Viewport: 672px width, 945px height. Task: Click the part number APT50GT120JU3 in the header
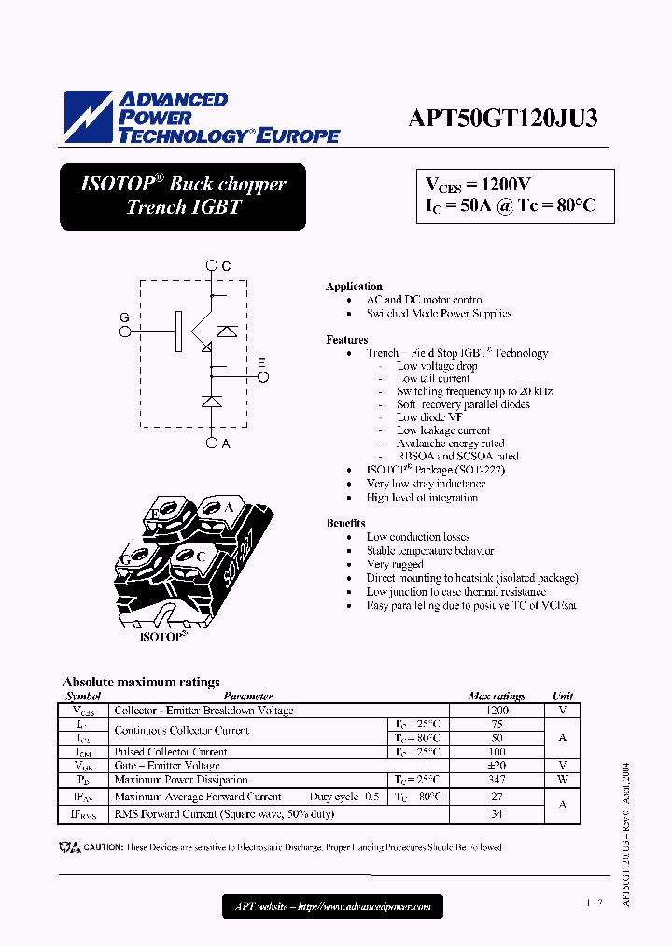click(x=503, y=119)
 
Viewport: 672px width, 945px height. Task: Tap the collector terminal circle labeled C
click(x=213, y=267)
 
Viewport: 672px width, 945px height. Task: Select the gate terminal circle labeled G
click(x=124, y=330)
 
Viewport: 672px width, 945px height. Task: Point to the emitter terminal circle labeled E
click(x=263, y=377)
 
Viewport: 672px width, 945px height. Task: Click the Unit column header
click(x=563, y=697)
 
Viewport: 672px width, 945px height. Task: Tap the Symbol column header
click(x=83, y=697)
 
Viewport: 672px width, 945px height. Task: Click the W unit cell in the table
click(x=563, y=780)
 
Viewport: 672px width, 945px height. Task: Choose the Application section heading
click(x=354, y=287)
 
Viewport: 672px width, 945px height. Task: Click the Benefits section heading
click(x=346, y=523)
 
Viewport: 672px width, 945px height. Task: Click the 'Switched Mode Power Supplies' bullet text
click(x=439, y=314)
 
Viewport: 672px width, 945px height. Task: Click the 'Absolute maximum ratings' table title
click(x=141, y=683)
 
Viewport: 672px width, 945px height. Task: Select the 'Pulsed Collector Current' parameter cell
click(x=170, y=752)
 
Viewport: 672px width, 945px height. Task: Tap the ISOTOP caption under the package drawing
click(x=163, y=637)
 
